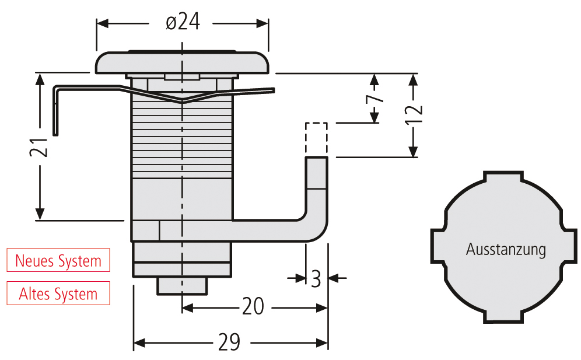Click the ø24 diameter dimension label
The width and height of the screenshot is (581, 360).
[x=183, y=22]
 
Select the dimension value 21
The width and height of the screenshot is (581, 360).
[x=39, y=147]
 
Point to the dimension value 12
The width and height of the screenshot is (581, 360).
[x=414, y=115]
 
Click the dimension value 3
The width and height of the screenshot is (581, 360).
[x=316, y=279]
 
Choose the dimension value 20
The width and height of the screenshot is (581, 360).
[x=253, y=306]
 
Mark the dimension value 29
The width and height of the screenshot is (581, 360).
[x=229, y=342]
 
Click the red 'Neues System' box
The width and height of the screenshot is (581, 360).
[x=58, y=260]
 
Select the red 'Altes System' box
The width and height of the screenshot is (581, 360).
[x=58, y=293]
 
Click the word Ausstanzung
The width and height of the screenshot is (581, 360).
[x=506, y=249]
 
